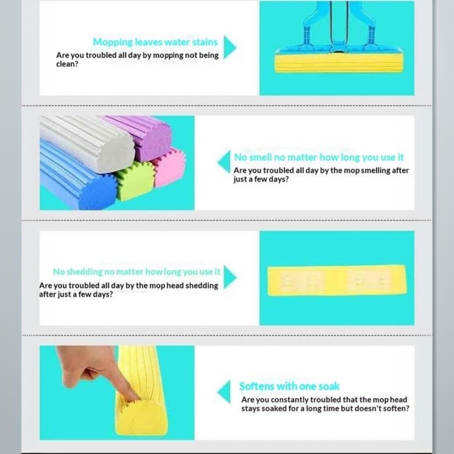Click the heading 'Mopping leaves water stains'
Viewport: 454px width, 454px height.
[x=155, y=42]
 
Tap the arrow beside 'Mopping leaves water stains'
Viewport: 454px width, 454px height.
[x=230, y=47]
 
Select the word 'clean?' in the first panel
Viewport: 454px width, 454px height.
[x=67, y=64]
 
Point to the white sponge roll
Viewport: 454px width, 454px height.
[x=88, y=143]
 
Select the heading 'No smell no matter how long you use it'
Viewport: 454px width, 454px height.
[x=319, y=157]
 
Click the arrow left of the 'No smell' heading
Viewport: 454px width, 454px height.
[x=224, y=162]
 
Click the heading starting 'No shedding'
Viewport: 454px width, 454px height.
[x=136, y=272]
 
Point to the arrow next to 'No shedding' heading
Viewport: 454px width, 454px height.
[x=230, y=277]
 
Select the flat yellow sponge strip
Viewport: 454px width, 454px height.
[x=337, y=280]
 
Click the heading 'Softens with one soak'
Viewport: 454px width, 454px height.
[x=289, y=386]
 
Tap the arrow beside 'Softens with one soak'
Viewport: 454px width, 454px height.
[x=224, y=392]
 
